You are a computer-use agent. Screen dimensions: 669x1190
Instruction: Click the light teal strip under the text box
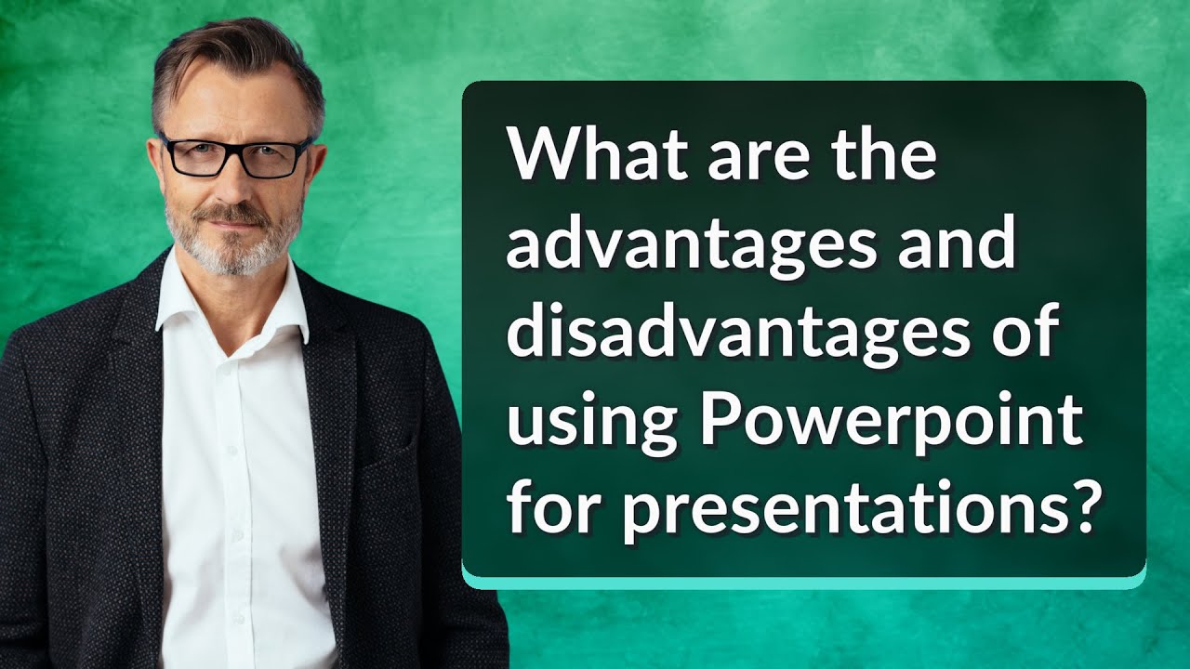click(x=803, y=582)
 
